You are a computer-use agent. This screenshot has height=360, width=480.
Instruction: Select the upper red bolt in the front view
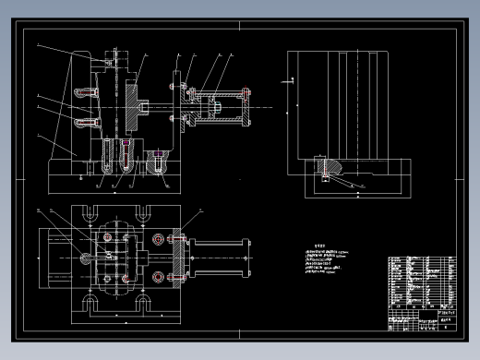[87, 92]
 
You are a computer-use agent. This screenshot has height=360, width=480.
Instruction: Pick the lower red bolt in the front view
[87, 122]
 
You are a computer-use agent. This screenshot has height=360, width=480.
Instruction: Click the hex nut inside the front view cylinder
[213, 108]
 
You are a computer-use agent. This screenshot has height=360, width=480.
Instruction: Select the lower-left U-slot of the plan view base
[93, 302]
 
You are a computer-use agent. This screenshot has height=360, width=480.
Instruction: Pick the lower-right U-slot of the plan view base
[145, 302]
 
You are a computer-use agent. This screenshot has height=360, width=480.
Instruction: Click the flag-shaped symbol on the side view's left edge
[292, 82]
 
